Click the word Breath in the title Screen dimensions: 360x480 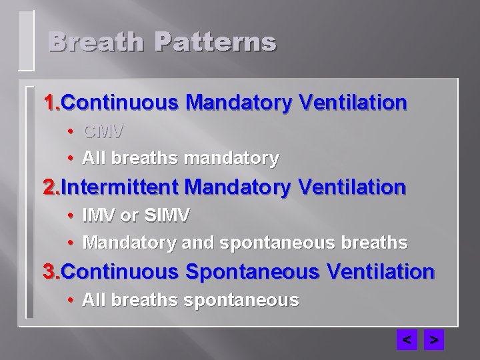click(95, 42)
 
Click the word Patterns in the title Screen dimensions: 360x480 click(215, 42)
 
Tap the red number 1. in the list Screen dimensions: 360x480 click(52, 103)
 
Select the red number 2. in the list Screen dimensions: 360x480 click(52, 187)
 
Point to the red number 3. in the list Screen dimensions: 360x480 click(52, 272)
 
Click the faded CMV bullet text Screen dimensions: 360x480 click(104, 130)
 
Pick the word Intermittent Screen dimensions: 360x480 click(122, 187)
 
